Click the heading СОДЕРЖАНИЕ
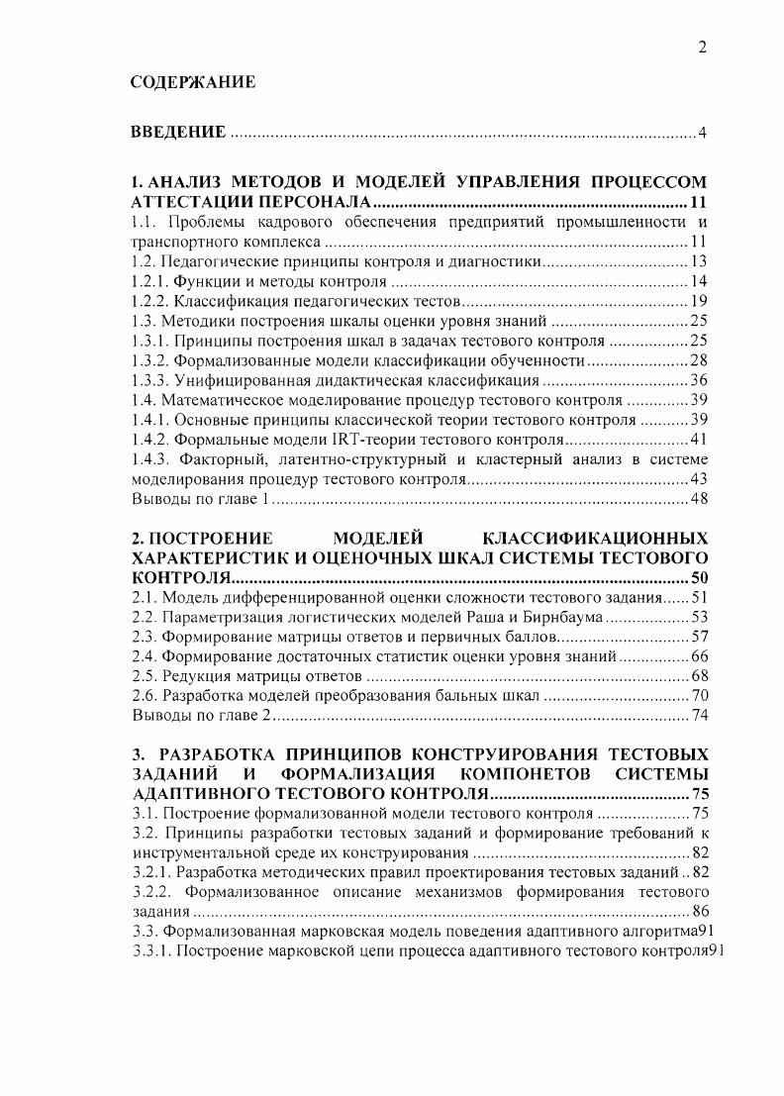click(x=193, y=83)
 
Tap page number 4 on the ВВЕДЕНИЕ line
click(x=702, y=134)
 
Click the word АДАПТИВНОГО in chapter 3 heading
click(x=199, y=793)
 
